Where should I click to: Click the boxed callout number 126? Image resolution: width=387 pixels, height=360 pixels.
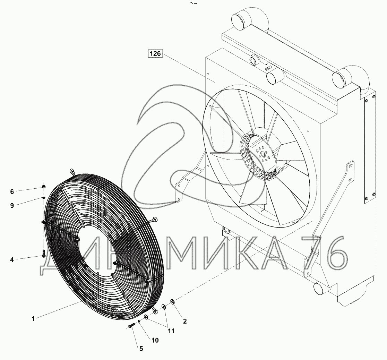tap(155, 53)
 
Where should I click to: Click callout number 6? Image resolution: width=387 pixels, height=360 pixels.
tap(12, 191)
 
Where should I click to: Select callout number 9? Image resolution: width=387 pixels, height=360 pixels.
tap(12, 205)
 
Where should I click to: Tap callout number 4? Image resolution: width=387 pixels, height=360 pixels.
tap(12, 260)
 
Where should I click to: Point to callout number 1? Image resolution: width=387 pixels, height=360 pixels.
tap(33, 319)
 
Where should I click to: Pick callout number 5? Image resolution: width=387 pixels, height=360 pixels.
tap(141, 349)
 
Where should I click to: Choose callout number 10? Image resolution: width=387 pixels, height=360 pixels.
tap(155, 340)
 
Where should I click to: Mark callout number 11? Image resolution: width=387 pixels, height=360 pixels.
tap(171, 331)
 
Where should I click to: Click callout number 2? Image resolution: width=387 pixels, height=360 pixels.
tap(184, 321)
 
